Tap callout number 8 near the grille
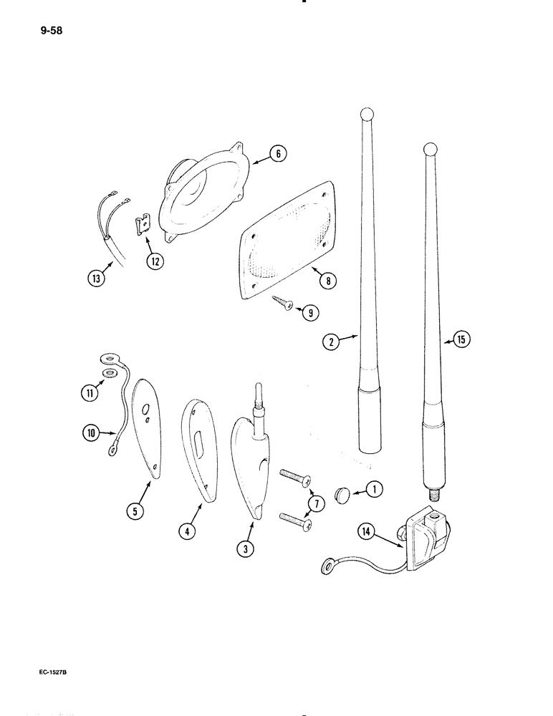pos(327,281)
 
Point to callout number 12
pos(154,261)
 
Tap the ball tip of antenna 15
pos(430,150)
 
